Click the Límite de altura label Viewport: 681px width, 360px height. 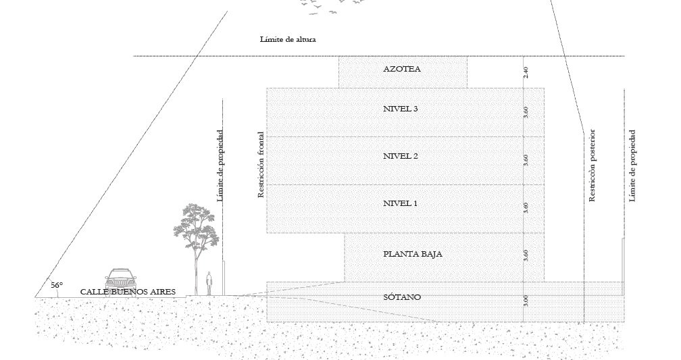tap(288, 39)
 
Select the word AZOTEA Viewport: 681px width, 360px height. tap(401, 69)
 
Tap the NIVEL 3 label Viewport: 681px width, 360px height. tap(401, 108)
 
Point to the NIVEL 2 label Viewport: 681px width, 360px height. tap(401, 156)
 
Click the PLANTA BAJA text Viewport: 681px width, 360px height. tap(412, 255)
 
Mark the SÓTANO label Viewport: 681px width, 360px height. tap(402, 297)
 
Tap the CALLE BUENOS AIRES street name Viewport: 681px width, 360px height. tap(128, 292)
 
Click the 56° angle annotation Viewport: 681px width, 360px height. tap(57, 285)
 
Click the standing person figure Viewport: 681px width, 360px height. tap(209, 282)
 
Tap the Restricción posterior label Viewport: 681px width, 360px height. tap(592, 165)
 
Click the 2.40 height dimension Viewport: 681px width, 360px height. tap(526, 72)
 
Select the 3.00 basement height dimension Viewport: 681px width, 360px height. tap(526, 301)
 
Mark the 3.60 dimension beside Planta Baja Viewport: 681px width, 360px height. tap(526, 255)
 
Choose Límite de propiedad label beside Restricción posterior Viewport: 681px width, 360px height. tap(632, 165)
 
